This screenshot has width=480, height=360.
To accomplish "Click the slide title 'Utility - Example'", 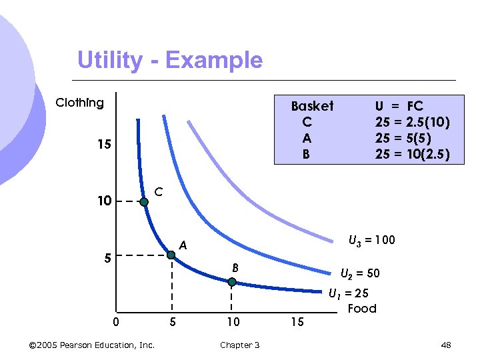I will point(170,60).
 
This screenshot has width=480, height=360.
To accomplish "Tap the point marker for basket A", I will point(171,255).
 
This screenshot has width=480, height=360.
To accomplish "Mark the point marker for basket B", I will point(231,282).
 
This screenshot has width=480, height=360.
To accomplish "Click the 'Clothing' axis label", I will point(80,103).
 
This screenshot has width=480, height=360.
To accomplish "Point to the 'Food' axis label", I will point(362,308).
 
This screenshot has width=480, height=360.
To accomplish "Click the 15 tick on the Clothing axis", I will point(103,145).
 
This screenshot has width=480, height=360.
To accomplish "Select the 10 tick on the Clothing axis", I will point(103,201).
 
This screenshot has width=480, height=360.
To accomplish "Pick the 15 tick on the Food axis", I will point(297,323).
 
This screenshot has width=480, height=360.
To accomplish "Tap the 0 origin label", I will point(116,323).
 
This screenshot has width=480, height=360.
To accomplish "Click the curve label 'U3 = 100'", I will point(372,240).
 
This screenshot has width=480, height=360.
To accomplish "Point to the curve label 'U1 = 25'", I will point(349,293).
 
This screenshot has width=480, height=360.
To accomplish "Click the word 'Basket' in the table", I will point(312,106).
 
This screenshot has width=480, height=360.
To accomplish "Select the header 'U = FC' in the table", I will point(399,106).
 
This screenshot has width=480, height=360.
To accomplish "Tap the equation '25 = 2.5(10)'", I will point(412,122).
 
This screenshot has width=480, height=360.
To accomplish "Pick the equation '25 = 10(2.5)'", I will point(412,155).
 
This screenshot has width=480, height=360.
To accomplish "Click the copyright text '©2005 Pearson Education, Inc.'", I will point(92,345).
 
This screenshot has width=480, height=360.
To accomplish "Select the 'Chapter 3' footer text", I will point(240,345).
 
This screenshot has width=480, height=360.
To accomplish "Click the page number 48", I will point(446,345).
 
